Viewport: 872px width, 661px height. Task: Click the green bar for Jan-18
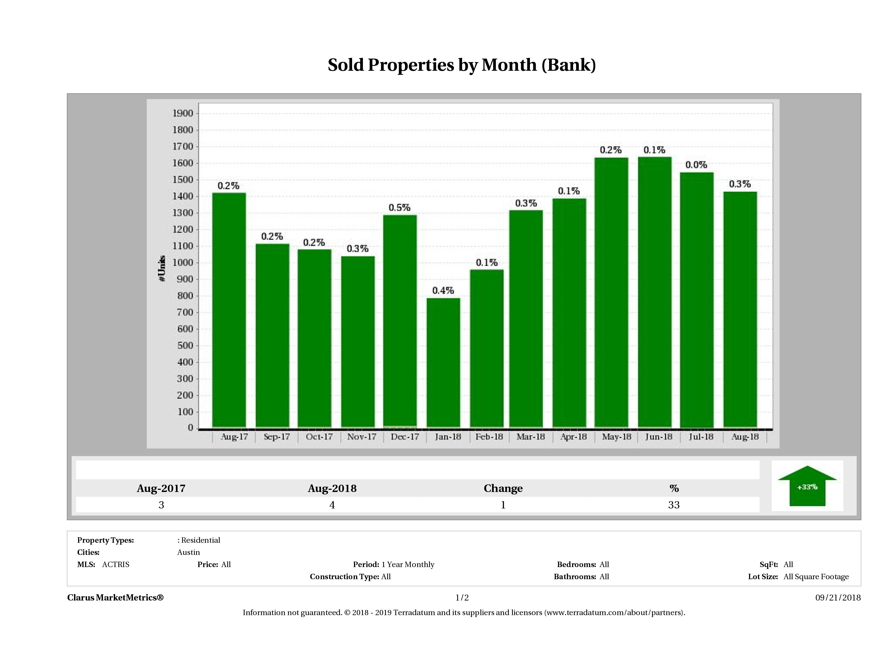(x=443, y=362)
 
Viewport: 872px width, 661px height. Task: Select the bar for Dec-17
(x=400, y=321)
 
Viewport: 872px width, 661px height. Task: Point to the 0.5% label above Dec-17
(x=399, y=208)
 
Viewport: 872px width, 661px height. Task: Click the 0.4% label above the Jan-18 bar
(x=443, y=291)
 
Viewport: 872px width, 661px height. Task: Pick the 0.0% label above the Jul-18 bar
(x=696, y=165)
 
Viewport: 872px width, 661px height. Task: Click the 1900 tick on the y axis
(x=183, y=113)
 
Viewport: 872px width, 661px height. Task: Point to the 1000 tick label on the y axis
(x=183, y=263)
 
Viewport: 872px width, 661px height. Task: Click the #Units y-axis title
(x=162, y=269)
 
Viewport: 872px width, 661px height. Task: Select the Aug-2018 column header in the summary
(x=332, y=488)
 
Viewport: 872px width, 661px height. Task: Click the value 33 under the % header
(x=674, y=505)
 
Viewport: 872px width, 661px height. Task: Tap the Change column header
(x=503, y=488)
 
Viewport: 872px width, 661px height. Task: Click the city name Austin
(x=188, y=552)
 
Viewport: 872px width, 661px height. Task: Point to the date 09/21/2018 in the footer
(x=838, y=598)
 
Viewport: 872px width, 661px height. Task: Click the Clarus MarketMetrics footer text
(x=115, y=598)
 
